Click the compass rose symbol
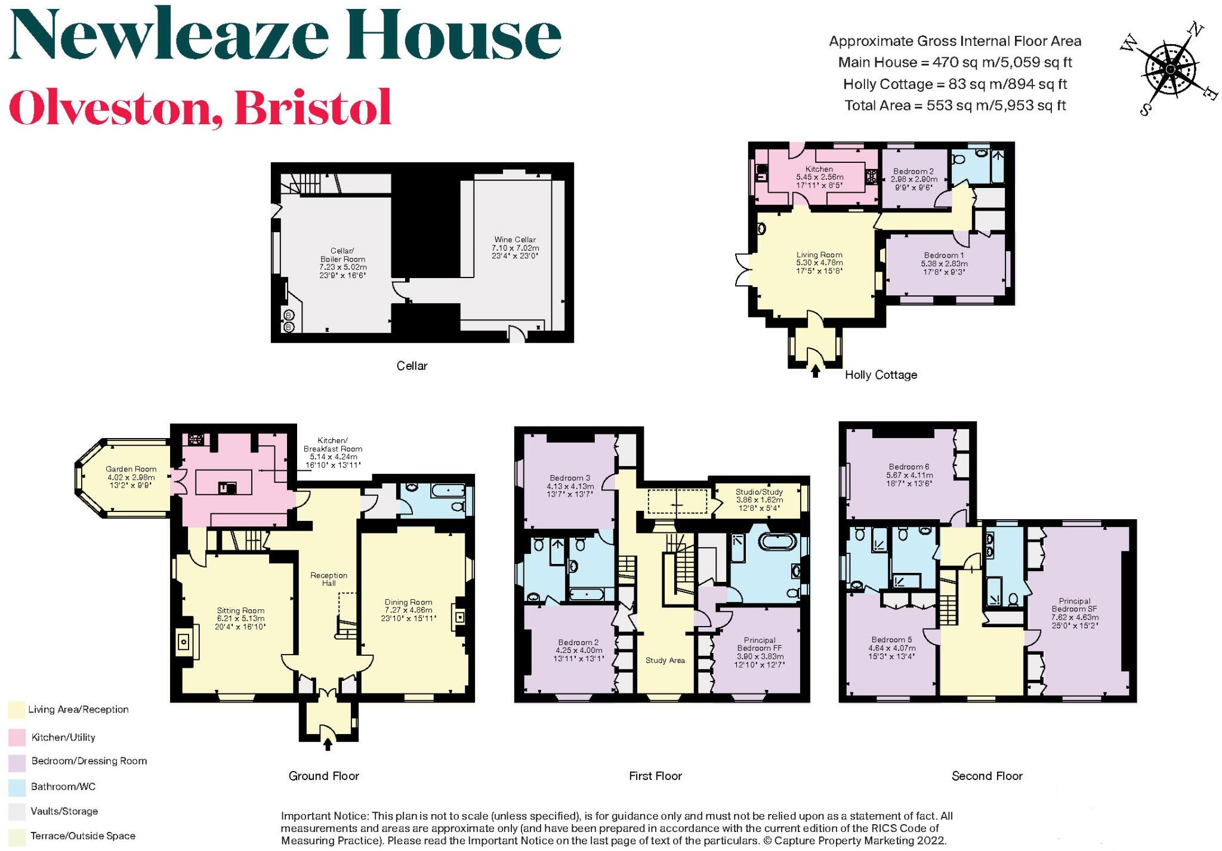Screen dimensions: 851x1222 coord(1170,70)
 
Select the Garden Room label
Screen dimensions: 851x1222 coord(131,477)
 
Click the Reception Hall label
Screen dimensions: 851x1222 coord(329,579)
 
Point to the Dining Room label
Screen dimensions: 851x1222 coord(409,610)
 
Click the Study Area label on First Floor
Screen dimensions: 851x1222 coord(665,661)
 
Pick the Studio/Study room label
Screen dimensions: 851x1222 coord(759,499)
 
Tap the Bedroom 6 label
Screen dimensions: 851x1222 coord(909,475)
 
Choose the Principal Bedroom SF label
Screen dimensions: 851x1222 coord(1075,613)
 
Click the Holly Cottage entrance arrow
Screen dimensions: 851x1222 coord(815,371)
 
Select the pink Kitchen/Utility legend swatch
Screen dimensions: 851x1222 coord(16,738)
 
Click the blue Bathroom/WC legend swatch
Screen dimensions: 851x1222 coord(16,787)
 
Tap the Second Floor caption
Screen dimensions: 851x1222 coord(987,776)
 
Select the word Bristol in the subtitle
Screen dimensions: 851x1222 coord(313,107)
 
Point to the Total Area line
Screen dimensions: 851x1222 coord(955,106)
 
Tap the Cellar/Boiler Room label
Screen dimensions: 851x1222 coord(343,263)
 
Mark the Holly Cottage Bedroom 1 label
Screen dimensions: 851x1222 coord(943,263)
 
